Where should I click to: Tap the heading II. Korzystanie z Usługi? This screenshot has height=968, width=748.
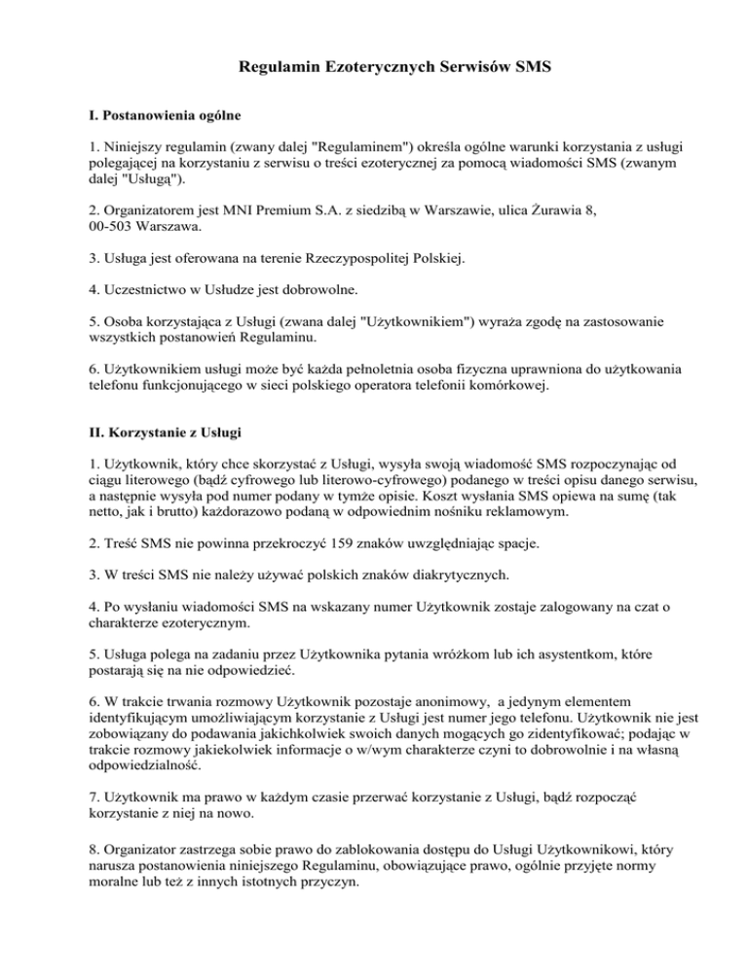pyautogui.click(x=160, y=429)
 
